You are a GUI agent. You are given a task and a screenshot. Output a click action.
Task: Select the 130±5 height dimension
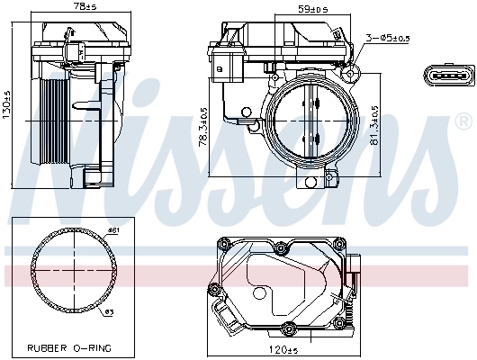tap(7, 107)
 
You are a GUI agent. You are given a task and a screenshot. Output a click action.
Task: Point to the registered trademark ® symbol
tap(463, 119)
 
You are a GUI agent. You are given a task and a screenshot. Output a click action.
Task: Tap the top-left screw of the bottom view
tap(224, 244)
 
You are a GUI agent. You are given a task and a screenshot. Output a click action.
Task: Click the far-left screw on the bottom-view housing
tap(213, 289)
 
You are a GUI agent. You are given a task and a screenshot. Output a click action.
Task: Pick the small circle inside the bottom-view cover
tap(258, 292)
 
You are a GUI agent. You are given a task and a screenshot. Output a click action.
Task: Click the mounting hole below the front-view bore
tap(311, 183)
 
